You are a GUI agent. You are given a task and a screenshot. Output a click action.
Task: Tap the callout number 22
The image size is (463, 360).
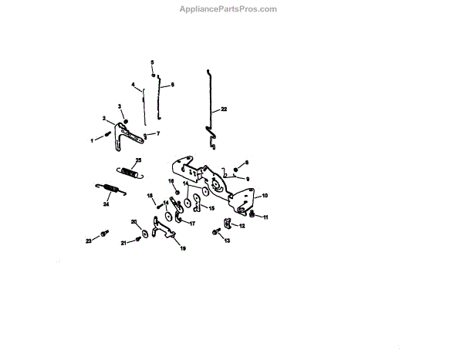coord(224,110)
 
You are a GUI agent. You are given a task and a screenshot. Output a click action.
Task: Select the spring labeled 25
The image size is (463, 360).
coord(129,171)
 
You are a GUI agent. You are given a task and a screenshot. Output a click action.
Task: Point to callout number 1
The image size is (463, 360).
coord(92,140)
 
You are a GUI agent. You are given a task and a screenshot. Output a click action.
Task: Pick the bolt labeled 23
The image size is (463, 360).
coord(104,233)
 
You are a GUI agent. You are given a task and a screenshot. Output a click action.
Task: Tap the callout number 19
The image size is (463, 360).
coord(183,248)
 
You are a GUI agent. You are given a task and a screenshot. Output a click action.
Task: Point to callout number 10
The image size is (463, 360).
coord(264,196)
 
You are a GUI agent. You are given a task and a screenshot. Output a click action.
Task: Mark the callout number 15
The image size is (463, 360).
coord(212,208)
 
